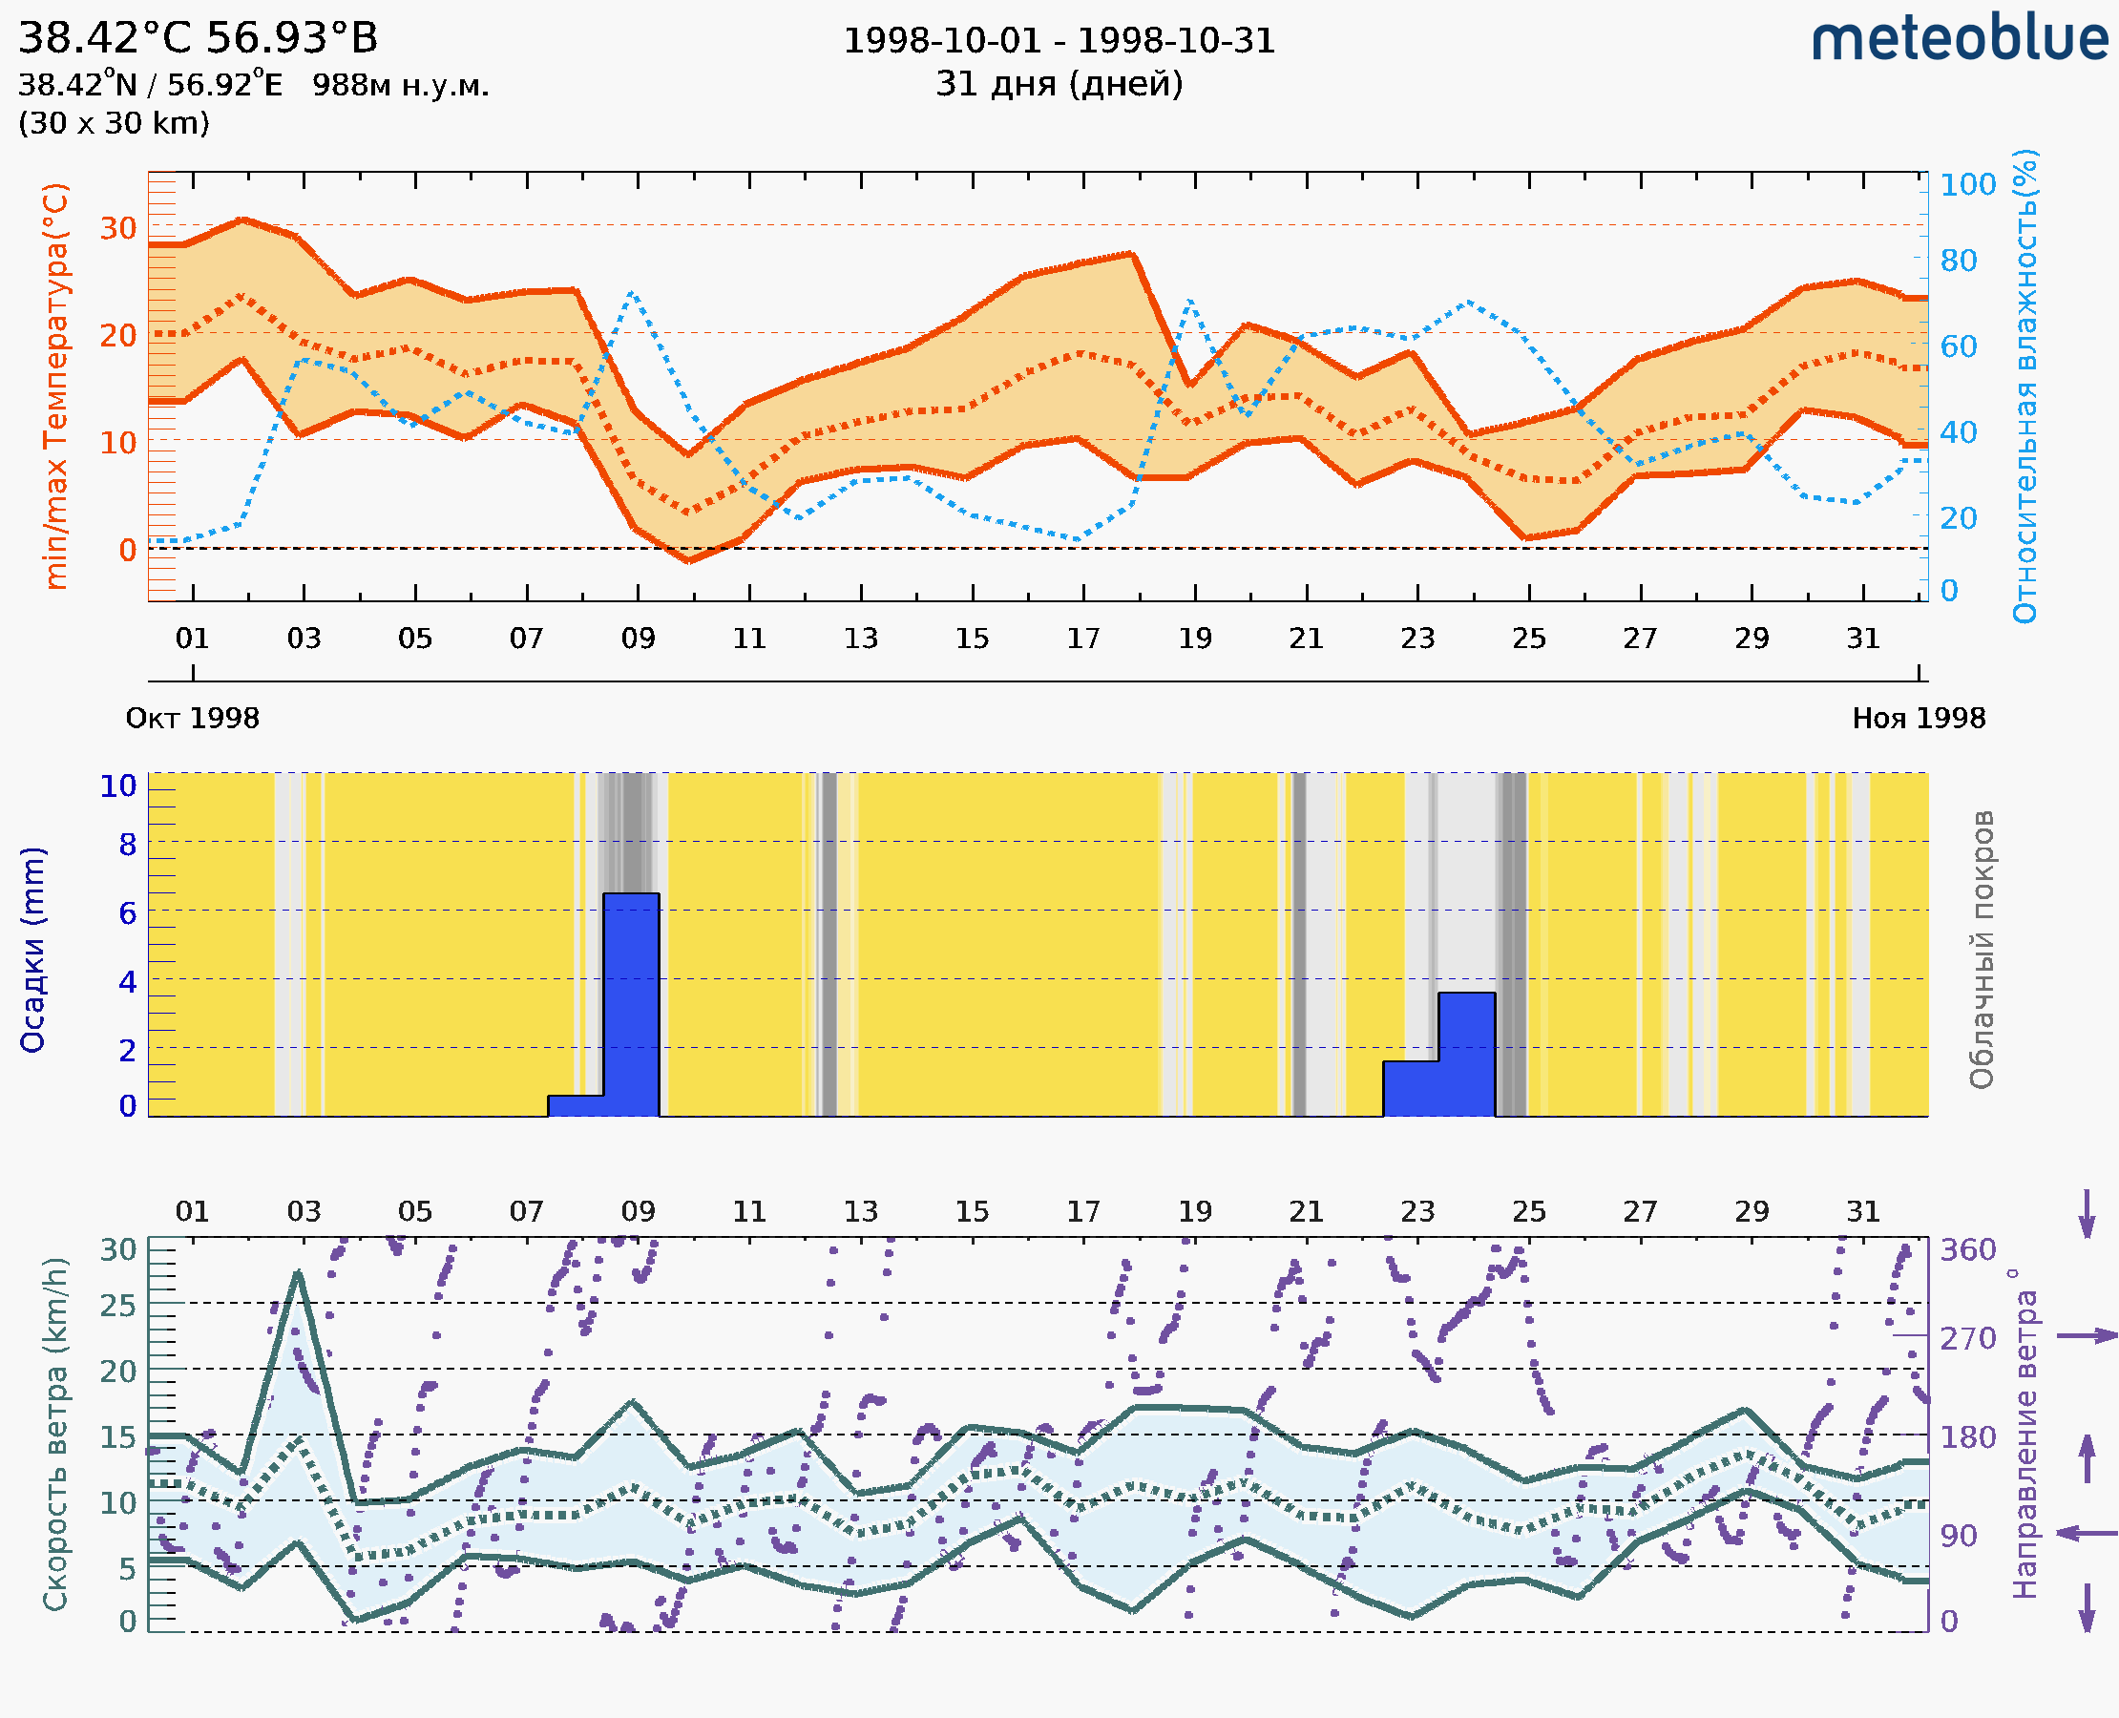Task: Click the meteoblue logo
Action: pyautogui.click(x=1960, y=39)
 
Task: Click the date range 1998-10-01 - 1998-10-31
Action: pyautogui.click(x=1059, y=41)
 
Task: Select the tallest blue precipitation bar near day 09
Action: pyautogui.click(x=632, y=1004)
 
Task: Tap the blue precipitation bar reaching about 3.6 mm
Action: pyautogui.click(x=1466, y=1054)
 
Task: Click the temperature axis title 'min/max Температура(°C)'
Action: pyautogui.click(x=56, y=386)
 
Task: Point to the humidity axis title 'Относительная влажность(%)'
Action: pyautogui.click(x=2025, y=386)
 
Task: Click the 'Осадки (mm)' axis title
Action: pyautogui.click(x=32, y=950)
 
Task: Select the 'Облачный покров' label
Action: pyautogui.click(x=1981, y=950)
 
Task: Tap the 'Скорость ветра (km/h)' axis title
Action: pyautogui.click(x=55, y=1434)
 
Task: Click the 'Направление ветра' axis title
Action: pyautogui.click(x=2025, y=1434)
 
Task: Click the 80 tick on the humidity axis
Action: pyautogui.click(x=1958, y=262)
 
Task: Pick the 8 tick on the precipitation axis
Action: pyautogui.click(x=128, y=845)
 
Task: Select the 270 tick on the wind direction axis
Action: pyautogui.click(x=1967, y=1338)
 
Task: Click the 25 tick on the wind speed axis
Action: pyautogui.click(x=117, y=1306)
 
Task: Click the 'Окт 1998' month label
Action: pyautogui.click(x=192, y=719)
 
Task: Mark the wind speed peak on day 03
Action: pyautogui.click(x=298, y=1273)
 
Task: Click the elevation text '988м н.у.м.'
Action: pyautogui.click(x=400, y=86)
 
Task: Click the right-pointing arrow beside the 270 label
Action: pyautogui.click(x=2087, y=1336)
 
